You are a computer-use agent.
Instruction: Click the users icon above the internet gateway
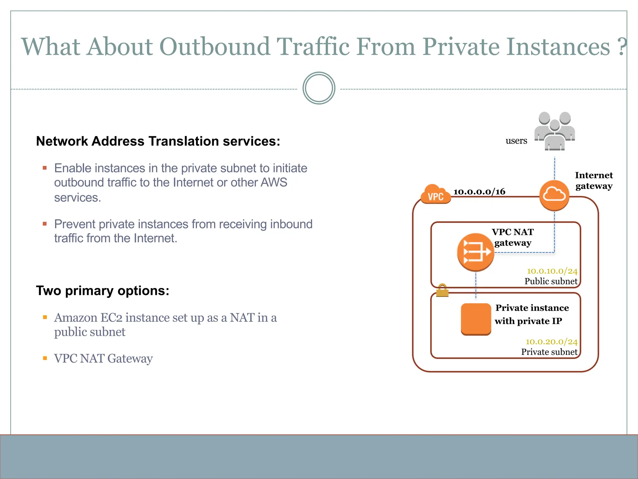tap(555, 131)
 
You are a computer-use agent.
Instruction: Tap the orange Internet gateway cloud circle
tap(554, 196)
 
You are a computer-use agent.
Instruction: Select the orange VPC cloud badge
tap(436, 195)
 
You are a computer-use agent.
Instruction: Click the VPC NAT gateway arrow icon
tap(475, 252)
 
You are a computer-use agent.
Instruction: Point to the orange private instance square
tap(476, 319)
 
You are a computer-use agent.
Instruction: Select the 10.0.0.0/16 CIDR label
tap(479, 191)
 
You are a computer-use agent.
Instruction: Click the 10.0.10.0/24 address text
tap(552, 271)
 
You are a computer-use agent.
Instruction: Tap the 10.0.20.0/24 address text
tap(551, 342)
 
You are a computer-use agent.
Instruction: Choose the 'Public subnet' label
tap(551, 281)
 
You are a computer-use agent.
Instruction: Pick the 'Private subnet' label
tap(549, 352)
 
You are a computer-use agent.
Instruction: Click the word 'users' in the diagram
tap(516, 141)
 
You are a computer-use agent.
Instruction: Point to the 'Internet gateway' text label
tap(594, 181)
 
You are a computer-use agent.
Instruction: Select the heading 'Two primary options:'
tap(102, 291)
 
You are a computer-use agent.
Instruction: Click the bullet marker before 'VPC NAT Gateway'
tap(45, 358)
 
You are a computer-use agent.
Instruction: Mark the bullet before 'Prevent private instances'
tap(45, 224)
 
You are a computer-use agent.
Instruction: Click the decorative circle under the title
tap(319, 88)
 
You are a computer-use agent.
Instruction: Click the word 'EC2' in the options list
tap(111, 318)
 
